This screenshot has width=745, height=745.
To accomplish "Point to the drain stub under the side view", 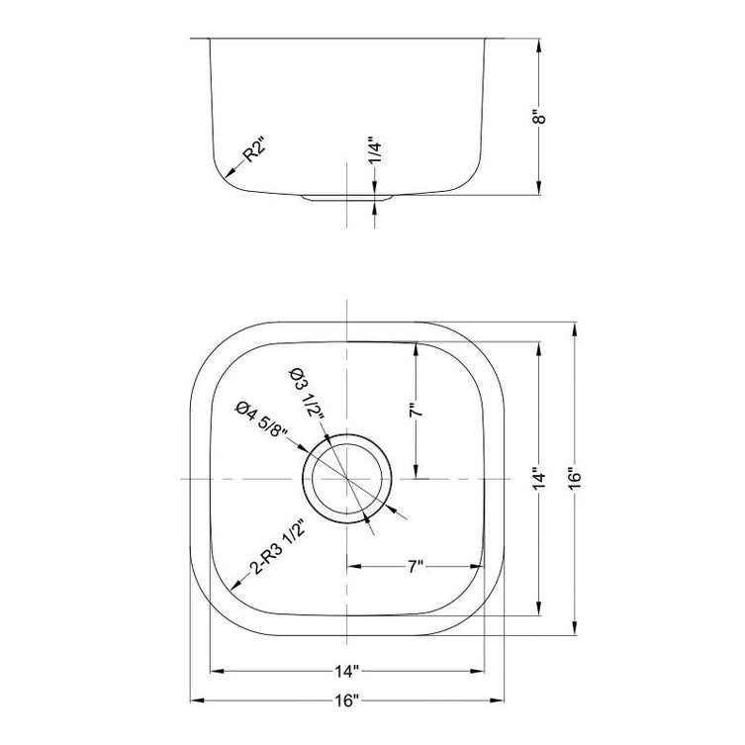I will (347, 198).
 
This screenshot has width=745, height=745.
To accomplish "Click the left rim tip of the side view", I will (191, 40).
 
